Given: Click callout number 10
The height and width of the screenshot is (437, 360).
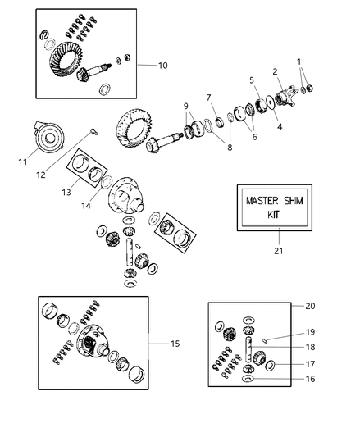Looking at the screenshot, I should tap(162, 64).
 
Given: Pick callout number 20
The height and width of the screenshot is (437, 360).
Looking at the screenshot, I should tap(309, 305).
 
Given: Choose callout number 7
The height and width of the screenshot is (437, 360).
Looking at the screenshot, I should tap(210, 98).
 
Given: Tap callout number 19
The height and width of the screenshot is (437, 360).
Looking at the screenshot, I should tap(308, 332).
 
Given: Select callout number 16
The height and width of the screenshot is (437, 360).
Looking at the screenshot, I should tap(308, 379).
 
